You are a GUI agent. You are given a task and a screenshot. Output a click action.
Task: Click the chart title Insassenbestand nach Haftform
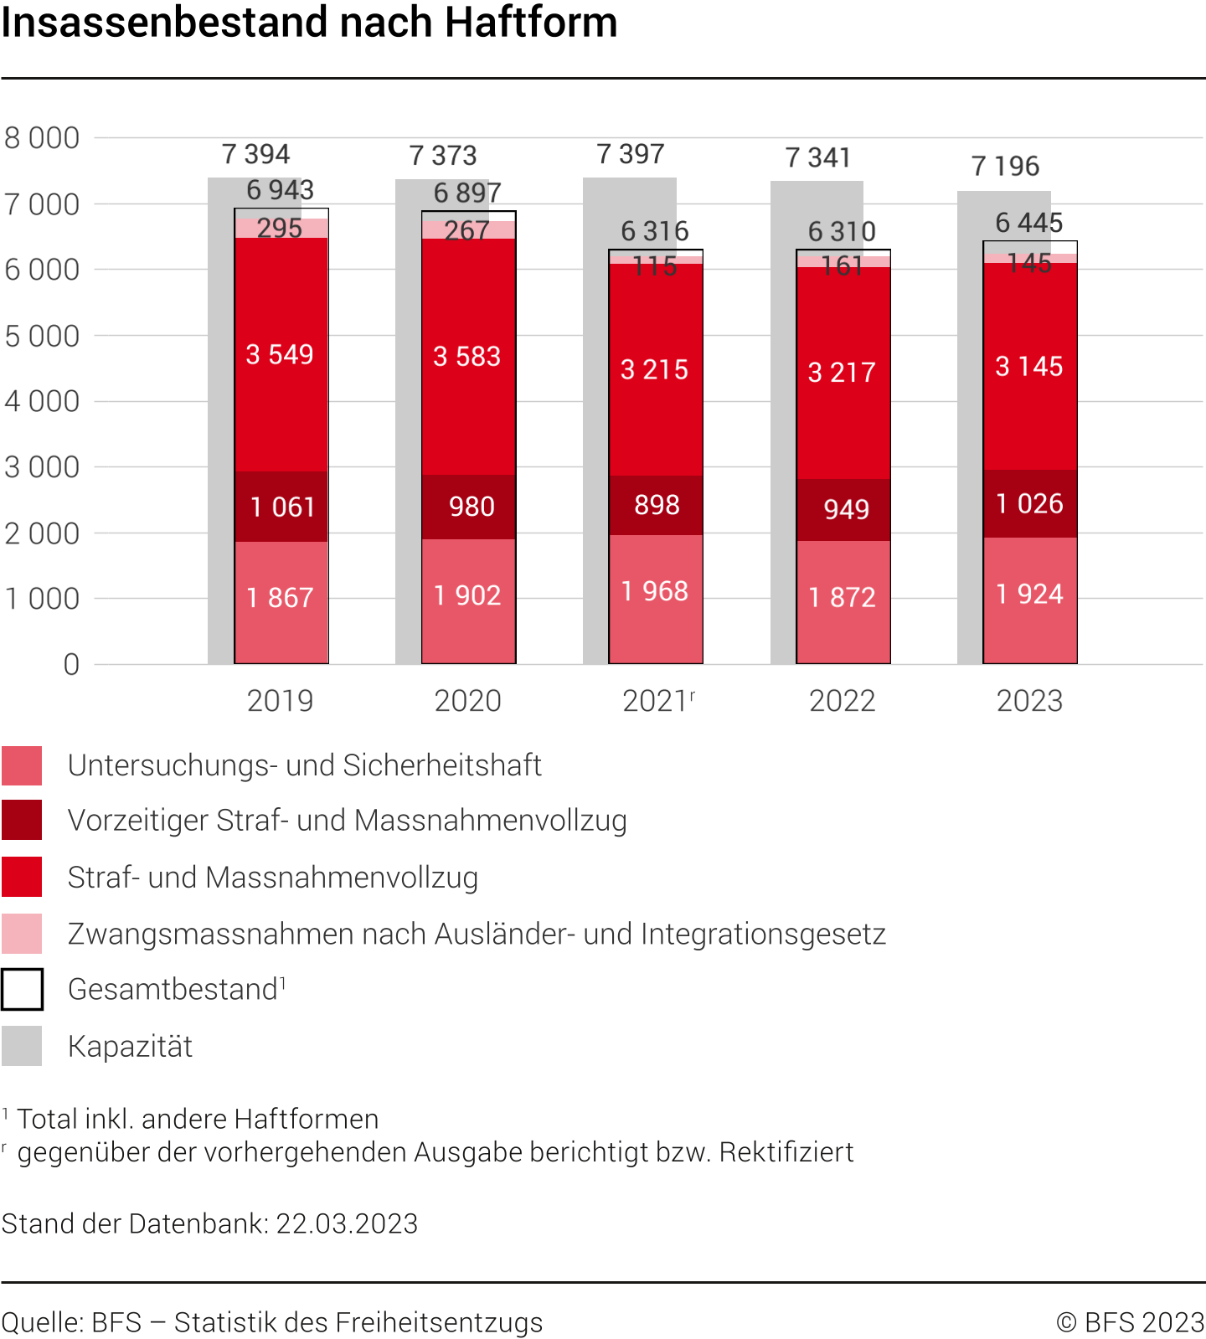[x=309, y=23]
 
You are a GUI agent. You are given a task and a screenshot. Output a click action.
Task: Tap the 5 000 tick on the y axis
[x=42, y=336]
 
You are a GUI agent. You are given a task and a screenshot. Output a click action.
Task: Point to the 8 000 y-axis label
[x=42, y=138]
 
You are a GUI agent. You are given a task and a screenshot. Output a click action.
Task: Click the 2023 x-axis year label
[x=1029, y=701]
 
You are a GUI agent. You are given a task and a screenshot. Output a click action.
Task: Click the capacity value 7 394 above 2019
[x=255, y=155]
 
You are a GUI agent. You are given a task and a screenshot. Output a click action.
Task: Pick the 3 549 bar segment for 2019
[x=280, y=354]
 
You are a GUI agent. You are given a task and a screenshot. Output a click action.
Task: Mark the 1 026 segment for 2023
[x=1029, y=503]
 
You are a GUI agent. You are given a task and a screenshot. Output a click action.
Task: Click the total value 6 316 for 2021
[x=654, y=231]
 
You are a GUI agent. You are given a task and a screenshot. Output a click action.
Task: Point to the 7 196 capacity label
[x=1005, y=166]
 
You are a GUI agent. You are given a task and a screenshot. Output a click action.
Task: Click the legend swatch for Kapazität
[x=22, y=1046]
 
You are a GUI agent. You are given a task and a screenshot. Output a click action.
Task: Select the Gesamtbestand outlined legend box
[x=22, y=989]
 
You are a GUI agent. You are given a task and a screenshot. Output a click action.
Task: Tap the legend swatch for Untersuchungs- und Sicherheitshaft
[x=22, y=765]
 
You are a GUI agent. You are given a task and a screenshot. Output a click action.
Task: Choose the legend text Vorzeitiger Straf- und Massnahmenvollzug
[x=347, y=821]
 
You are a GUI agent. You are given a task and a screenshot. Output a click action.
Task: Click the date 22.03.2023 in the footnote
[x=347, y=1223]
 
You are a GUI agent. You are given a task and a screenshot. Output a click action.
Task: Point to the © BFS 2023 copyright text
[x=1130, y=1322]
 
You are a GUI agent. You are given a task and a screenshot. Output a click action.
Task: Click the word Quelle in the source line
[x=42, y=1322]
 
